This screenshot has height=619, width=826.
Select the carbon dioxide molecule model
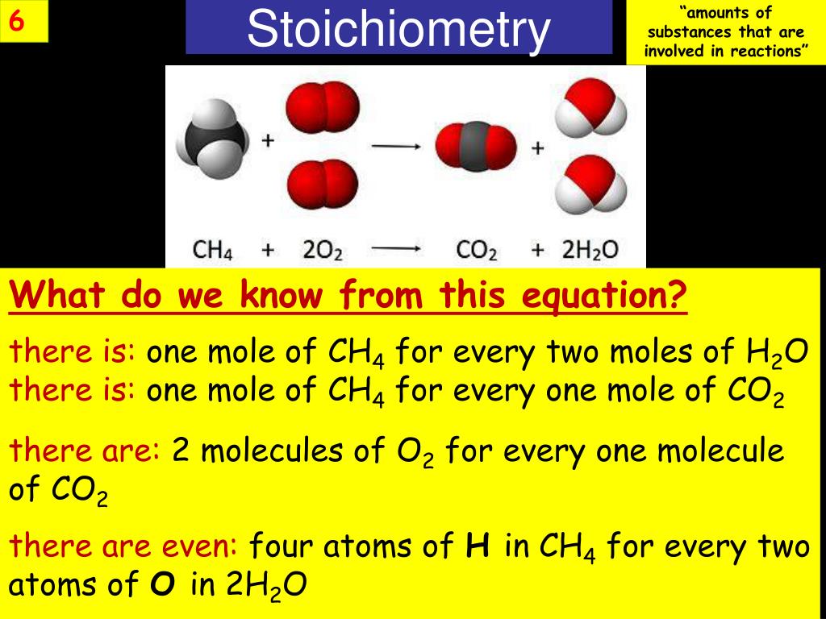point(475,147)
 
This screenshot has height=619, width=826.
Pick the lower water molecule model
point(594,187)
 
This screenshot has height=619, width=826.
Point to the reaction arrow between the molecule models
point(396,146)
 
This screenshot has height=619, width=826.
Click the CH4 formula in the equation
point(213,250)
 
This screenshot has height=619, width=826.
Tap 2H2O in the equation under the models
point(590,250)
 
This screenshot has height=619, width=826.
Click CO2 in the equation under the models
point(477,250)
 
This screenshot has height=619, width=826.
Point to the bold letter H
point(475,547)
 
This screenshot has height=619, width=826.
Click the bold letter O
point(163,585)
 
